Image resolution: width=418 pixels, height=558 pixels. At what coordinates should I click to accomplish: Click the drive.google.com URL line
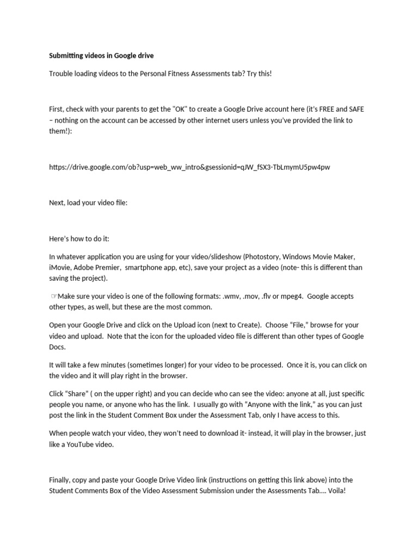click(x=189, y=167)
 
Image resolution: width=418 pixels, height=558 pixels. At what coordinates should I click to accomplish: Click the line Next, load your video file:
click(x=88, y=203)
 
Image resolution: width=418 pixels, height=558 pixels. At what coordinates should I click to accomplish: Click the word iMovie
click(x=61, y=268)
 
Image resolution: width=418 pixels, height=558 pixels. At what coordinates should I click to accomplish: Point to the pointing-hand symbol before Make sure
click(x=54, y=296)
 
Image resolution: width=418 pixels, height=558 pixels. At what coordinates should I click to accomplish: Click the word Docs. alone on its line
click(x=57, y=347)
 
